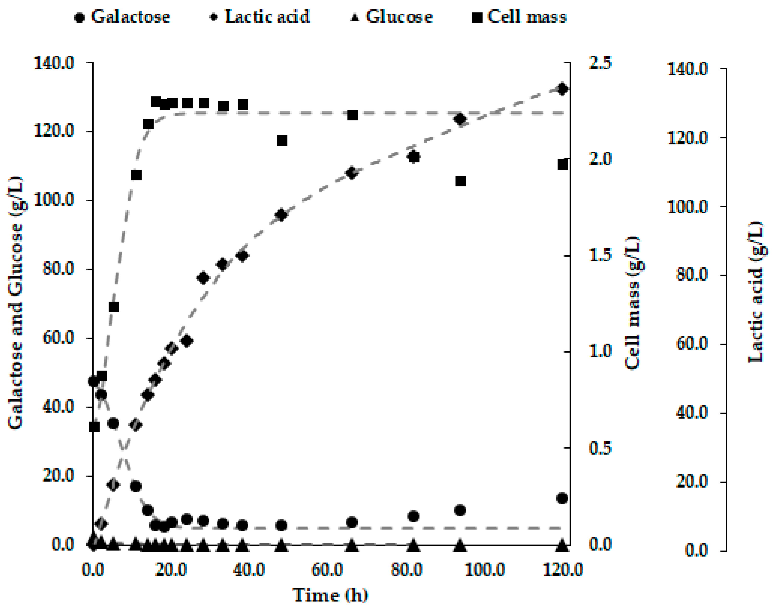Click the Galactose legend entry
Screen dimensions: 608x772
[122, 17]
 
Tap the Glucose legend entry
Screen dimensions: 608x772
[392, 17]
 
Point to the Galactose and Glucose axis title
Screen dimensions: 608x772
[16, 303]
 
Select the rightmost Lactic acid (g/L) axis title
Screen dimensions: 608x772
[755, 292]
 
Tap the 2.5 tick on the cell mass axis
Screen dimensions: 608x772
[600, 63]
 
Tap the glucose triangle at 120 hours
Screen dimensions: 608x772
[562, 545]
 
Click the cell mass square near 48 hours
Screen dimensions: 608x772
[282, 140]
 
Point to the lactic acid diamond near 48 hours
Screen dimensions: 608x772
[282, 215]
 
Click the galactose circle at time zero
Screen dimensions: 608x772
[93, 381]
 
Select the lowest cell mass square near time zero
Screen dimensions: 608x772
[94, 426]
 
